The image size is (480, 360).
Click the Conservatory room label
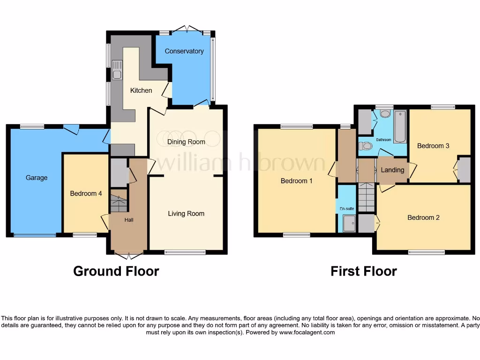pyautogui.click(x=184, y=51)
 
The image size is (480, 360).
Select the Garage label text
pyautogui.click(x=37, y=178)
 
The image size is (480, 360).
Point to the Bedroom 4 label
pyautogui.click(x=86, y=193)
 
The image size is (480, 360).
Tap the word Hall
pyautogui.click(x=129, y=219)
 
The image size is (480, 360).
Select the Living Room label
pyautogui.click(x=186, y=213)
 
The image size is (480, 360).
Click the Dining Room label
pyautogui.click(x=186, y=142)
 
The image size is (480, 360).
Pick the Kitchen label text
pyautogui.click(x=141, y=90)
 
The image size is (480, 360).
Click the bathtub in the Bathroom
pyautogui.click(x=400, y=127)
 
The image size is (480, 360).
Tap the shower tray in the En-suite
pyautogui.click(x=349, y=224)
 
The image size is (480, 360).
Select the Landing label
pyautogui.click(x=392, y=170)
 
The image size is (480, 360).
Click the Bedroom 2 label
pyautogui.click(x=423, y=217)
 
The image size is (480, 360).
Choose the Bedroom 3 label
pyautogui.click(x=433, y=146)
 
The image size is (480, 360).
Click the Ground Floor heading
pyautogui.click(x=116, y=271)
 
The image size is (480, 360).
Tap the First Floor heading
pyautogui.click(x=364, y=271)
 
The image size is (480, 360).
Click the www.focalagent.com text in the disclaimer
pyautogui.click(x=307, y=332)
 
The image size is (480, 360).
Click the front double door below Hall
pyautogui.click(x=129, y=256)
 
